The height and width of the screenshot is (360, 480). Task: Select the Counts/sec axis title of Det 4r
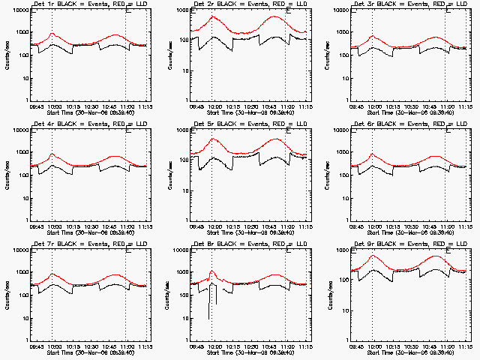(x=7, y=174)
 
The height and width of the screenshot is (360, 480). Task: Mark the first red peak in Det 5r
(x=214, y=139)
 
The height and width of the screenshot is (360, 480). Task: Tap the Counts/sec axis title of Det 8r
(x=168, y=293)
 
